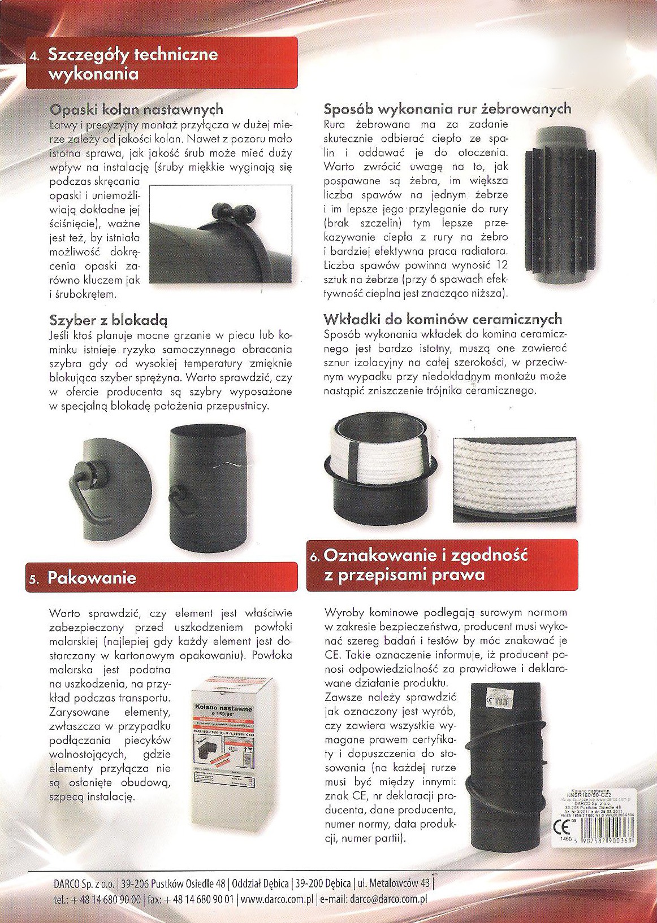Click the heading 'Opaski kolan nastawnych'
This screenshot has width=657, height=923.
coord(136,109)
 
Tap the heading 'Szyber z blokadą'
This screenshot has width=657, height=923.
coord(109,321)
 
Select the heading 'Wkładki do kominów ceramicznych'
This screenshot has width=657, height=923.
coord(443,319)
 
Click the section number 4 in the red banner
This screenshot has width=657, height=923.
coord(36,57)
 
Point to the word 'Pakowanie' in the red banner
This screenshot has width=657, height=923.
coord(92,577)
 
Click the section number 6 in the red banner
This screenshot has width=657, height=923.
coord(316,558)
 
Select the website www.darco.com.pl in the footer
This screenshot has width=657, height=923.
coord(276,899)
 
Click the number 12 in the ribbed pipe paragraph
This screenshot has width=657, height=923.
coord(501,265)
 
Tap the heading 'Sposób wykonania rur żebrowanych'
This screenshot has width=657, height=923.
coord(447,108)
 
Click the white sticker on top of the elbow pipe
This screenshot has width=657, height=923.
coord(496,698)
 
